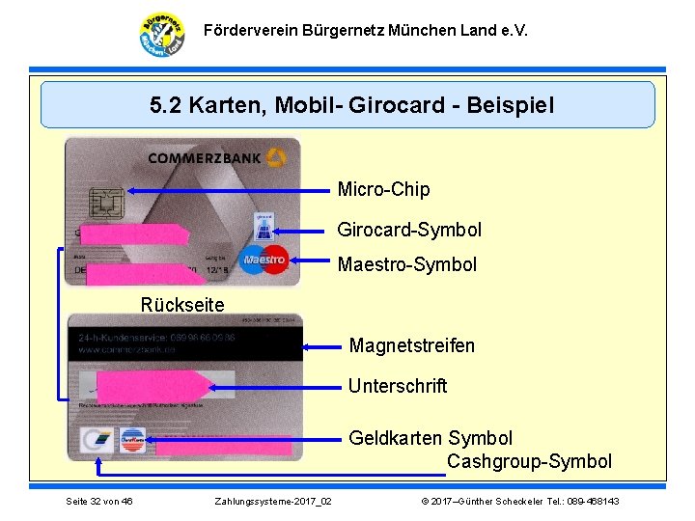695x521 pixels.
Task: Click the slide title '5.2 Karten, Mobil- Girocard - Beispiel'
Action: pos(352,105)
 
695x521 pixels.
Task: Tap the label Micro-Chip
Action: pos(383,189)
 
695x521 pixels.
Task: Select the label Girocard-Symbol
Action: pos(408,230)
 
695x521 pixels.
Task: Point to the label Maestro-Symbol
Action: pos(406,264)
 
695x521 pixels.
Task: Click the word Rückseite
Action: pos(182,305)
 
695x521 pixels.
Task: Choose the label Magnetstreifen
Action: pos(411,345)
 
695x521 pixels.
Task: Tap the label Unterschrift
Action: pos(397,386)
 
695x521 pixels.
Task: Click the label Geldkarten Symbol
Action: pos(430,438)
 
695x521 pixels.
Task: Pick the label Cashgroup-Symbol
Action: pos(529,461)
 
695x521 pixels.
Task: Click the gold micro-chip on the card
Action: pos(100,202)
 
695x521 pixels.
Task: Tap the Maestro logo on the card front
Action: pos(264,259)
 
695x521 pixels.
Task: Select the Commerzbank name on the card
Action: pos(205,158)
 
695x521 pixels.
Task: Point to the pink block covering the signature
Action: pos(154,387)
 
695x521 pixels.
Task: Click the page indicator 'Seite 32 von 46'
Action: pos(98,502)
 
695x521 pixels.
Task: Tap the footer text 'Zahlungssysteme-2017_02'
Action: pos(273,502)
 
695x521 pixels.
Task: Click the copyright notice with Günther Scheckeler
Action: pos(519,502)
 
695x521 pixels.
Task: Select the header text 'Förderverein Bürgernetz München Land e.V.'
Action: pos(366,31)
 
